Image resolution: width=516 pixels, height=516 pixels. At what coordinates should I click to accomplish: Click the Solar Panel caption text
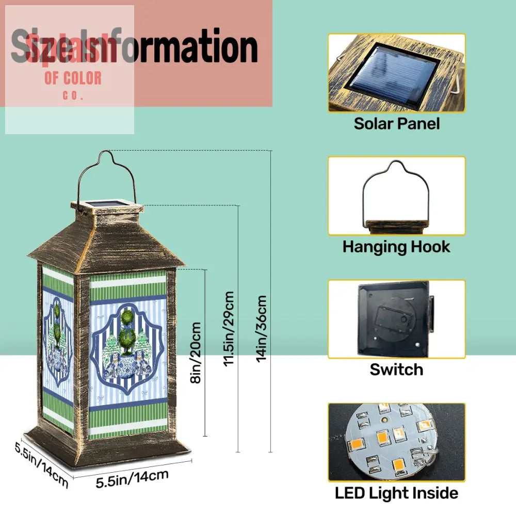pos(396,124)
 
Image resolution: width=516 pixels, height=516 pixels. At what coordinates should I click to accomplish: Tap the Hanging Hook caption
pos(396,247)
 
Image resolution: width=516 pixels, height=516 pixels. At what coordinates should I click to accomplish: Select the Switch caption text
pos(396,369)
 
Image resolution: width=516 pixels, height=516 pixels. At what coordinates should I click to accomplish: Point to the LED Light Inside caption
pos(396,493)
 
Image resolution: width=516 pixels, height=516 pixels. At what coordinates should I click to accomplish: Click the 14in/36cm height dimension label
pos(262,328)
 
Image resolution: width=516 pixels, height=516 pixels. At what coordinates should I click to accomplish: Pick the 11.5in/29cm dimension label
pos(229,328)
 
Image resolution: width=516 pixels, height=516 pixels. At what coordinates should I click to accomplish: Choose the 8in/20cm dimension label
pos(196,353)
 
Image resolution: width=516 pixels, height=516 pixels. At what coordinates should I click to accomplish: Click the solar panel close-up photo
pos(396,73)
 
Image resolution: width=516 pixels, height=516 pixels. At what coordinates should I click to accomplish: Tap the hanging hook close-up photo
pos(396,196)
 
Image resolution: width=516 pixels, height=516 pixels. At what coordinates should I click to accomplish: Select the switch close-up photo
pos(396,319)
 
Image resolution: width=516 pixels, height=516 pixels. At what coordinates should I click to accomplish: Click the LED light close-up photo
pos(396,442)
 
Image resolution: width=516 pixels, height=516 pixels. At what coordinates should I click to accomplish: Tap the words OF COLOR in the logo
pos(73,78)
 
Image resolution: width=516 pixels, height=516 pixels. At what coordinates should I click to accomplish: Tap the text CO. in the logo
pos(73,95)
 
